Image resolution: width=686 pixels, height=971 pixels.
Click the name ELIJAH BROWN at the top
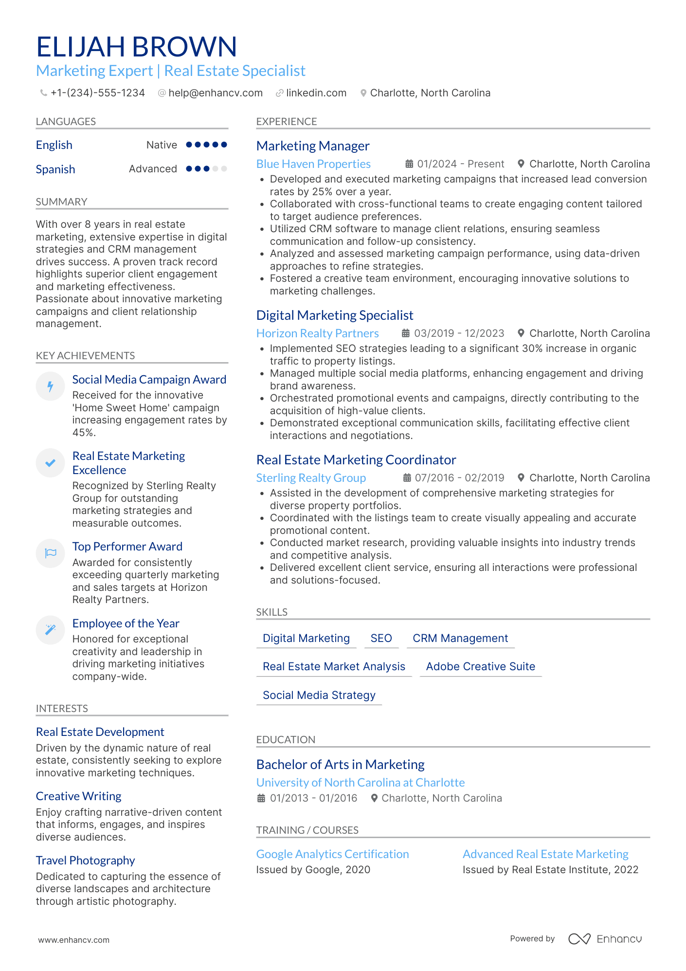tap(136, 47)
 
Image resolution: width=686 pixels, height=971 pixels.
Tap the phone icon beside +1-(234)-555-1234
tap(43, 93)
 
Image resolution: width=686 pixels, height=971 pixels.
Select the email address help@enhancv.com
tap(215, 93)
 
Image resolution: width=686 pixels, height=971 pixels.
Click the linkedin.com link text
tap(316, 93)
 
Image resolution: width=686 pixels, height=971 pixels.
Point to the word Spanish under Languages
tap(55, 169)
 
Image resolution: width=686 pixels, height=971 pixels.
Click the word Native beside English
tap(162, 145)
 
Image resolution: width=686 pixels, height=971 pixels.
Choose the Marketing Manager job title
tap(313, 146)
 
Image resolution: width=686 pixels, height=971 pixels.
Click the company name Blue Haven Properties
tap(313, 164)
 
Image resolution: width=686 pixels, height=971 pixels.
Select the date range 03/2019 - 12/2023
tap(459, 333)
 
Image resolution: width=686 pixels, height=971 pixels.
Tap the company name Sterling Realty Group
tap(311, 478)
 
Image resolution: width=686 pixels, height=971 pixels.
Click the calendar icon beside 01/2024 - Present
tap(410, 164)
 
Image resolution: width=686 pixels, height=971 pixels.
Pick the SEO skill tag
tap(381, 638)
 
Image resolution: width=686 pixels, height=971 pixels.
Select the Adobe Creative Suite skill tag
tap(480, 666)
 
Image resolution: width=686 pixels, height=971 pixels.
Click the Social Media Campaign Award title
tap(149, 380)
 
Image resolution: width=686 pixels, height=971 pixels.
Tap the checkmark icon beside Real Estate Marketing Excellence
tap(50, 463)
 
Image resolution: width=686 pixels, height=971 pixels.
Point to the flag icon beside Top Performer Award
tap(50, 553)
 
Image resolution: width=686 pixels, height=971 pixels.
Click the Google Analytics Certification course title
tap(332, 854)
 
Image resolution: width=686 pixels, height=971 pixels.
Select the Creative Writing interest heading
tap(79, 796)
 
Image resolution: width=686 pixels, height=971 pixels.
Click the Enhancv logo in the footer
tap(605, 939)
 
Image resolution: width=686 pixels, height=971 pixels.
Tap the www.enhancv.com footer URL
tap(74, 940)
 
